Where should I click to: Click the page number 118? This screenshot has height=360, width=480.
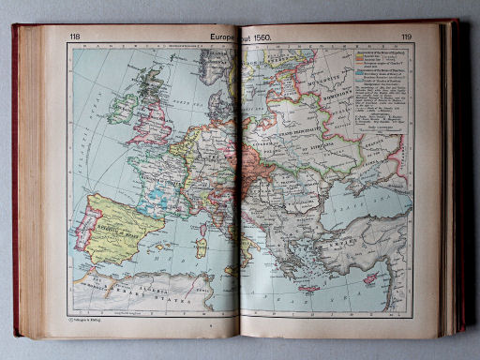[x=74, y=37]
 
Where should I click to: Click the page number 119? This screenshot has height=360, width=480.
[x=406, y=37]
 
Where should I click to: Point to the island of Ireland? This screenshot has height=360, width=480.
[x=122, y=107]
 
